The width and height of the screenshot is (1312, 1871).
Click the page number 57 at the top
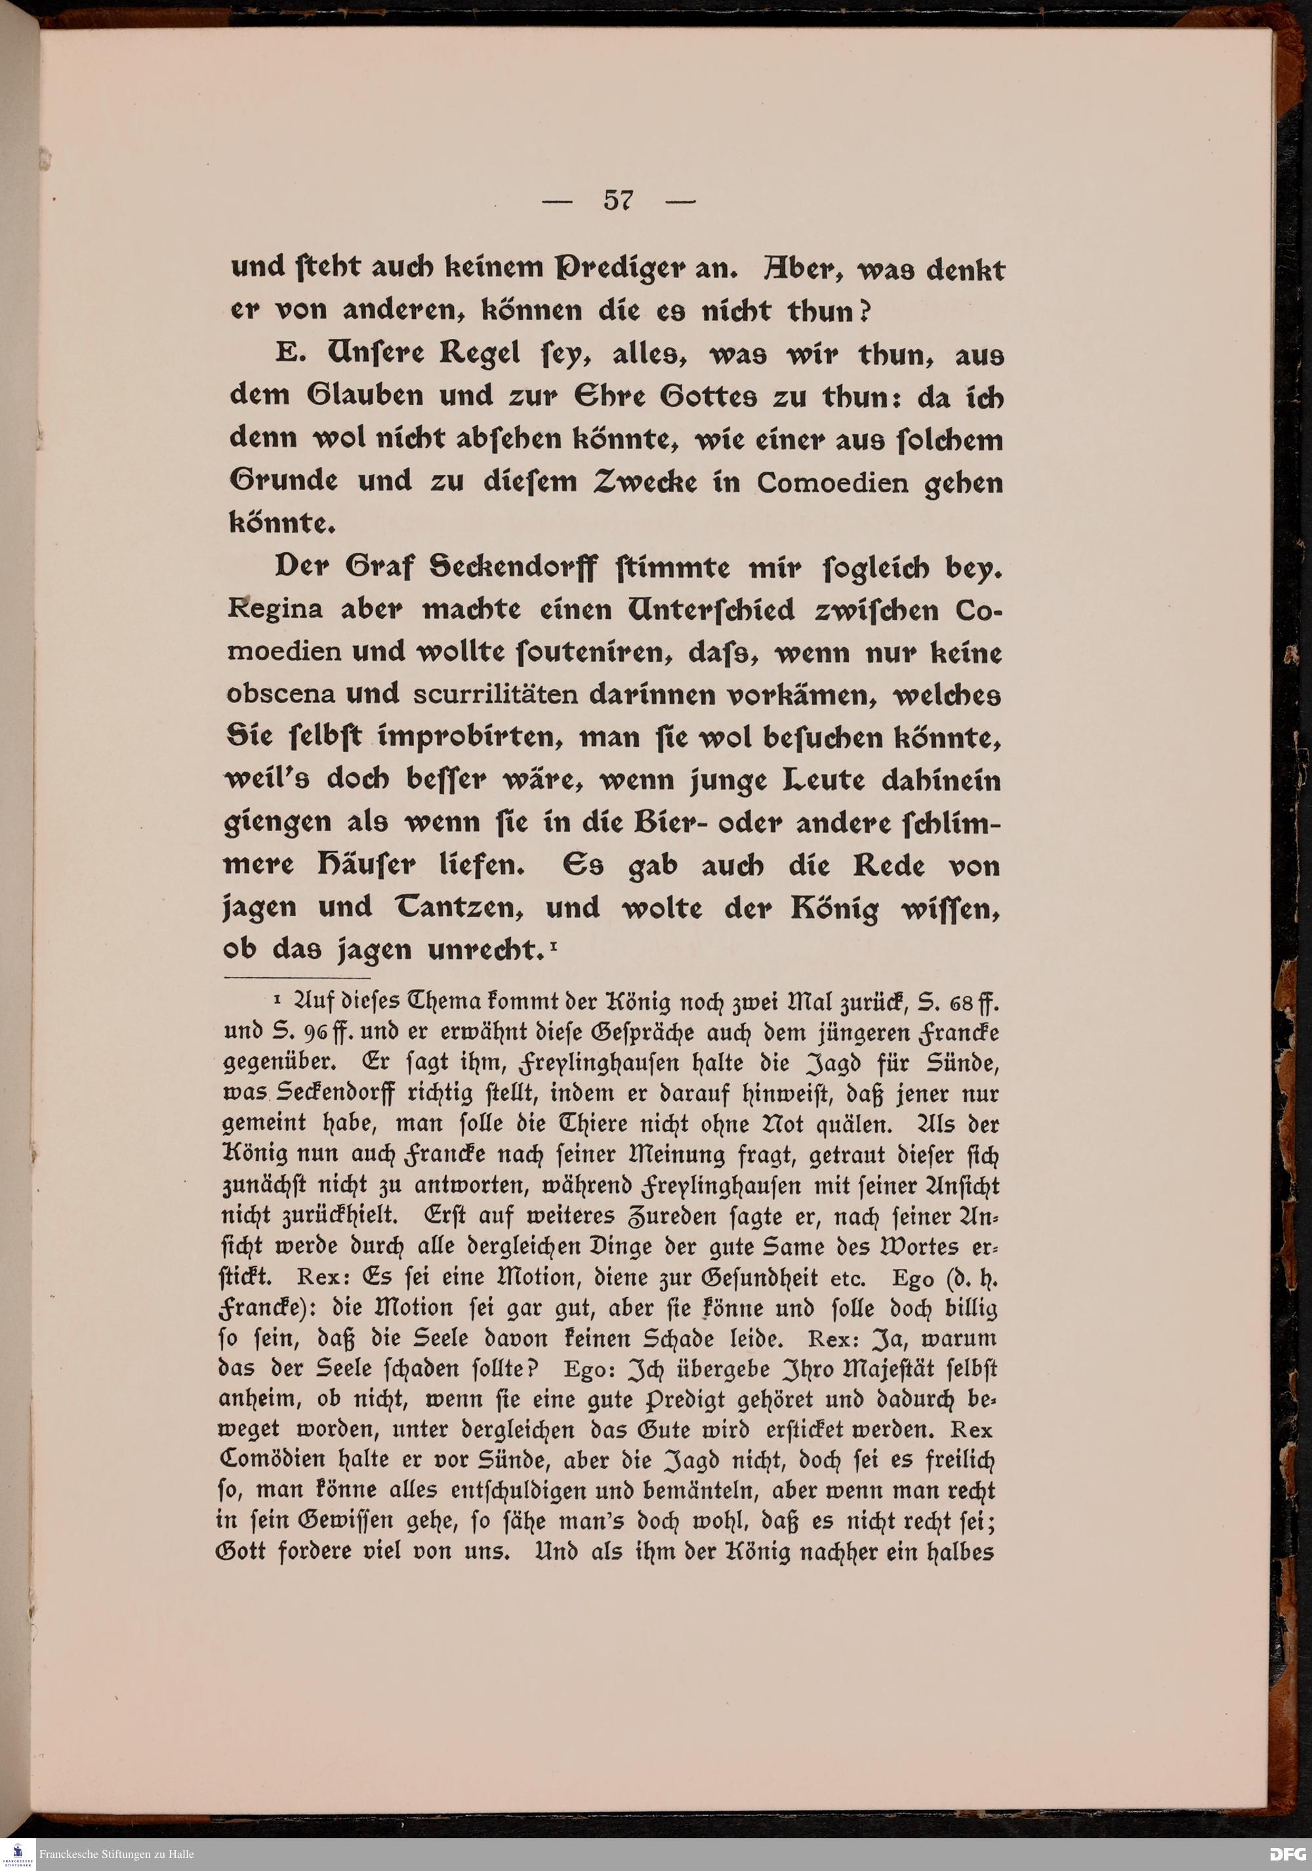coord(619,201)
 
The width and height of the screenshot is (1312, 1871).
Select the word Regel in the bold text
coord(479,355)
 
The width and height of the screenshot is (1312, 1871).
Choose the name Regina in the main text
coord(275,609)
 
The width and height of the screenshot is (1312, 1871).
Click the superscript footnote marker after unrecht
coord(552,944)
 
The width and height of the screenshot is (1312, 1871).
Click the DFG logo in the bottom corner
coord(1286,1854)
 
